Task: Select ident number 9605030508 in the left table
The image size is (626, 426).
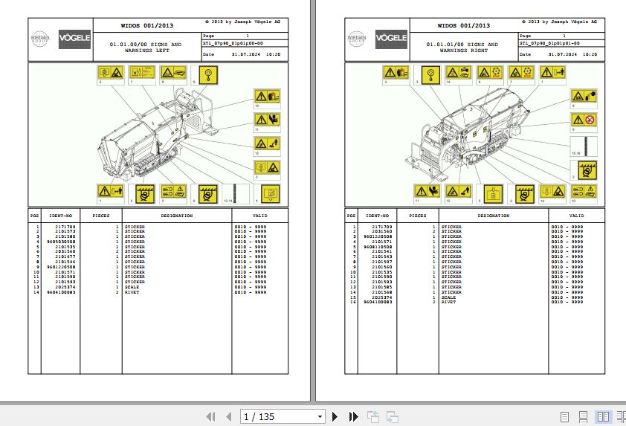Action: coord(61,242)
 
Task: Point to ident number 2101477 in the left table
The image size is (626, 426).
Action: coord(65,257)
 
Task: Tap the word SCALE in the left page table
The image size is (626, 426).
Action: coord(132,288)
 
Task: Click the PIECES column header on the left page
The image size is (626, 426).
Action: coord(100,216)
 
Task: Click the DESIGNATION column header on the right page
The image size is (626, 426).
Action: coord(493,216)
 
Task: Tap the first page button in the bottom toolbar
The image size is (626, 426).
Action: coord(211,417)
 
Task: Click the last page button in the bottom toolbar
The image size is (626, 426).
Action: coord(353,417)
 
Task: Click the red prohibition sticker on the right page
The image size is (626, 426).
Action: coord(589,120)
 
